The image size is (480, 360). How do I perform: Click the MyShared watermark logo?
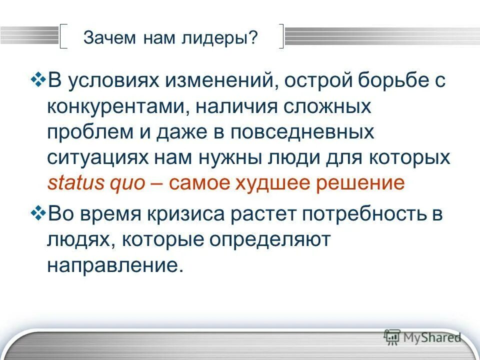422,337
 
